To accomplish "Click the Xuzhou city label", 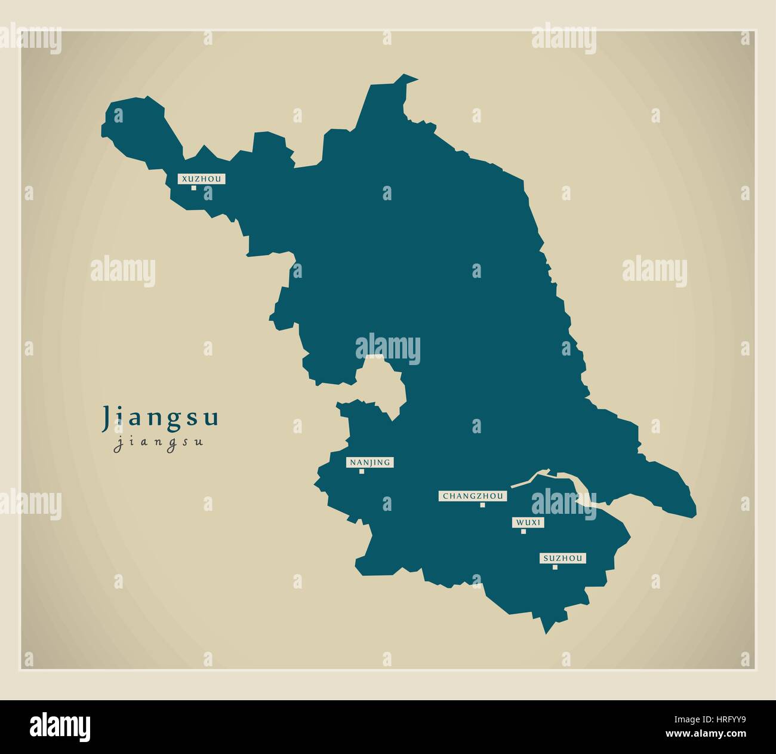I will (193, 179).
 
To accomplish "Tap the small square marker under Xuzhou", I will (193, 188).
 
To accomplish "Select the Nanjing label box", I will (369, 462).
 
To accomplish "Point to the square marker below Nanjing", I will (361, 471).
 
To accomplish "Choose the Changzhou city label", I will (473, 496).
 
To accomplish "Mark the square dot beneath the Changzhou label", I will (482, 505).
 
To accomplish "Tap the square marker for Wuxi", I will (524, 532).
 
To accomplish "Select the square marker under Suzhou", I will (555, 568).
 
